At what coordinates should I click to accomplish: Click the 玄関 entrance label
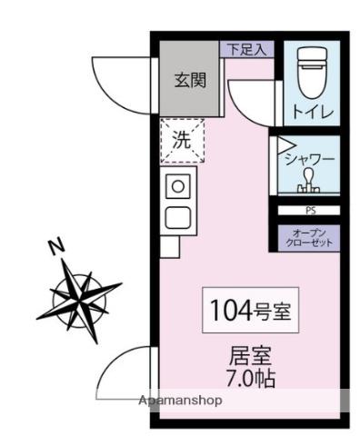click(190, 79)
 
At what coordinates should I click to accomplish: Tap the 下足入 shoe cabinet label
click(245, 49)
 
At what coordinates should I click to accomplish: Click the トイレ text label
click(312, 112)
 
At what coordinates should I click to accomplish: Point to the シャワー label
click(310, 158)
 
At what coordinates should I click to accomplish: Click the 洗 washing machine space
click(182, 140)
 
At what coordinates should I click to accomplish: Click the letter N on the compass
click(56, 246)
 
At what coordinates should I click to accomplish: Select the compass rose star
click(83, 295)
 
